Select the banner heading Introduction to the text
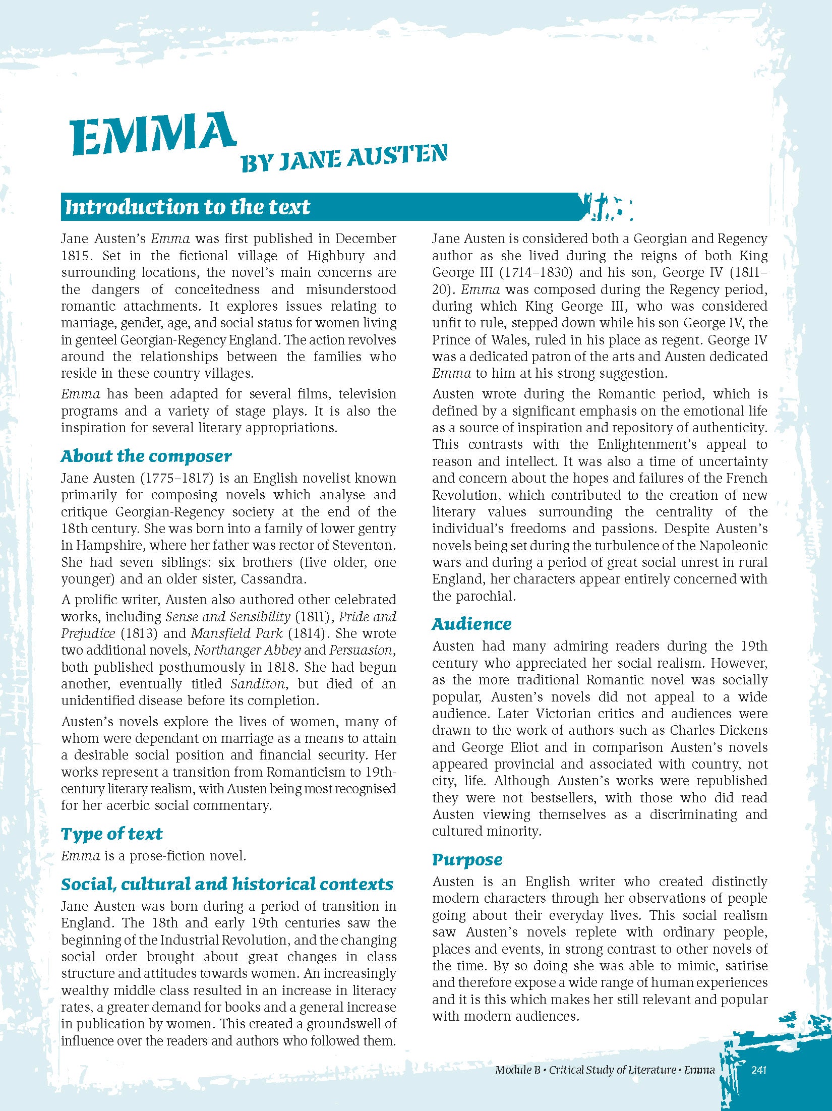coord(188,207)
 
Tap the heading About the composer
coord(146,456)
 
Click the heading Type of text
coord(112,834)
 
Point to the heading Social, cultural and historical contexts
coord(227,884)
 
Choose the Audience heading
coord(471,624)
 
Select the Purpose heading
coord(467,859)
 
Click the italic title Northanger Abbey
coord(248,650)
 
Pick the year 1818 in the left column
coord(282,667)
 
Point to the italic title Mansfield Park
coord(236,633)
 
